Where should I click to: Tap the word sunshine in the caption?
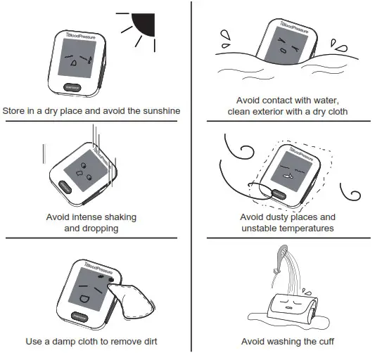[160, 110]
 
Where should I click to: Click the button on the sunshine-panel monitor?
[72, 87]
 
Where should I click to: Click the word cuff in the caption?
[319, 341]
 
